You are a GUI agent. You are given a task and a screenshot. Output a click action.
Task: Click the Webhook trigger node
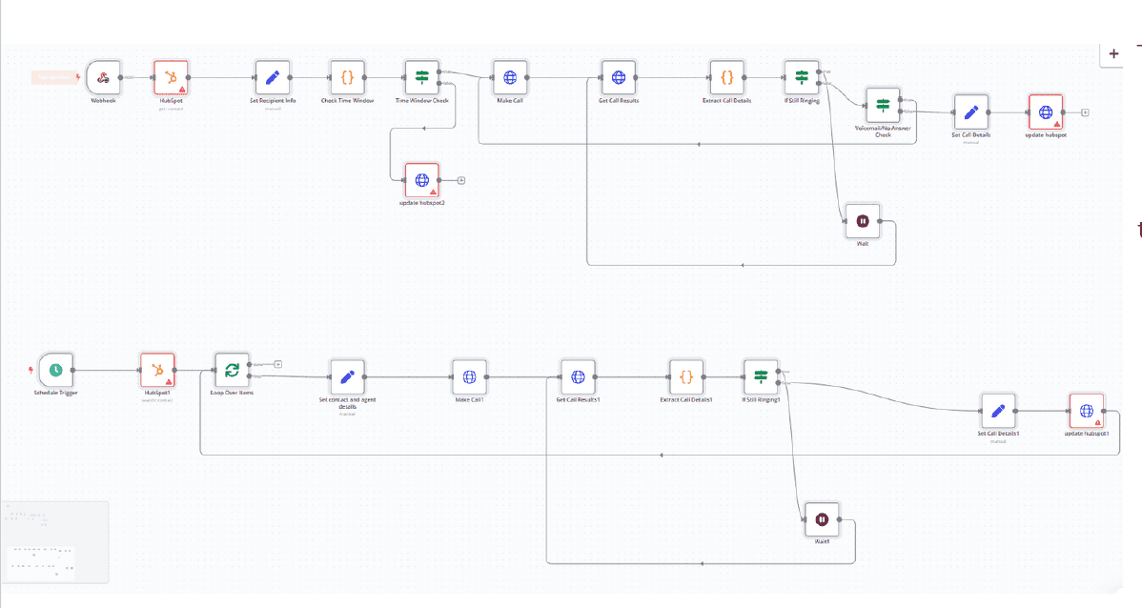102,77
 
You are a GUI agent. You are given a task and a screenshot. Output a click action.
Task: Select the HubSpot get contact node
172,77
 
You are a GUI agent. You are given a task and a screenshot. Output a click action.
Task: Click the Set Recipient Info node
272,77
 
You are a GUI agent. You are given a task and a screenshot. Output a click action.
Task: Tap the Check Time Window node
347,77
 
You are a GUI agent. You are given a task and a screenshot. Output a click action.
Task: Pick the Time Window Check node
421,77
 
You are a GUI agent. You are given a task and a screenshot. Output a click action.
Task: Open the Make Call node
509,77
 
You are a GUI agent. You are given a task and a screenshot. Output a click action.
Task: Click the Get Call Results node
618,77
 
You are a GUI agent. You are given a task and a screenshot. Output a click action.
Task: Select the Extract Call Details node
726,77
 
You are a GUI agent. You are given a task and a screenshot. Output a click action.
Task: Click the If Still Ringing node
801,77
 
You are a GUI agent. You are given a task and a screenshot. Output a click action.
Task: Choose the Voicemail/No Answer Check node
883,105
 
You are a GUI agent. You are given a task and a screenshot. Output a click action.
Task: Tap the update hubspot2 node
421,179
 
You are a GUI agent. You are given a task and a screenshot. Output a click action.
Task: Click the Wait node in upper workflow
862,221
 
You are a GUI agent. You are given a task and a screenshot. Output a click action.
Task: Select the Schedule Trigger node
56,370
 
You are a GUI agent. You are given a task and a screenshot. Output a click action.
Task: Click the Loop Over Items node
230,370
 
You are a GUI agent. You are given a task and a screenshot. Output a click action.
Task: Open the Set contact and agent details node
347,376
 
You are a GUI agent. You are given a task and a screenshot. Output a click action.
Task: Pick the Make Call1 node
469,376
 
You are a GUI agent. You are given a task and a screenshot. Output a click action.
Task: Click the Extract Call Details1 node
686,376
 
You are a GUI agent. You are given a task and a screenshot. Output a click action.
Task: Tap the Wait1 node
822,519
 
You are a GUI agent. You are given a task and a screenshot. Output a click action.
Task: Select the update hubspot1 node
1086,411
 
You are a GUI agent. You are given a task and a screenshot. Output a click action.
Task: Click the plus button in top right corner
1113,54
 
